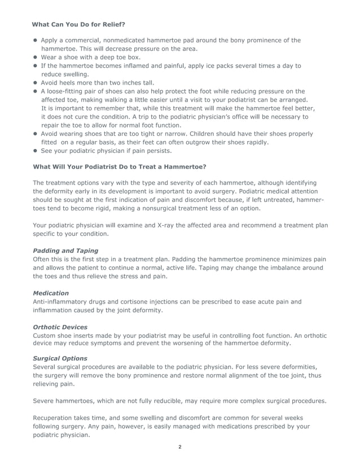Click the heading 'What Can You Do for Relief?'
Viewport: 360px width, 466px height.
(78, 25)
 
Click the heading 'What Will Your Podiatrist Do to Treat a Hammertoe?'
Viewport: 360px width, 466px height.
(119, 167)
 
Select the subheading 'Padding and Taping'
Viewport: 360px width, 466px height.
(65, 250)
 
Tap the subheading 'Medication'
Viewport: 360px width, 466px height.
(51, 293)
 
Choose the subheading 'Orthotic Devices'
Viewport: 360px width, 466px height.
(60, 327)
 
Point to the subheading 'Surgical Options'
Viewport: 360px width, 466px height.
(60, 358)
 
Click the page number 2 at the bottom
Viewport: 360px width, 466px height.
(180, 447)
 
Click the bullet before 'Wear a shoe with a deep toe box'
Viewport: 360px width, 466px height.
(35, 57)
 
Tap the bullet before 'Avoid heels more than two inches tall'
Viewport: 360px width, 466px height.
(35, 82)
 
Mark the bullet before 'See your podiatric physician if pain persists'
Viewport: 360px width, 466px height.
(35, 151)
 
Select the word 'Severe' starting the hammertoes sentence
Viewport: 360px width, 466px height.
(44, 401)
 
